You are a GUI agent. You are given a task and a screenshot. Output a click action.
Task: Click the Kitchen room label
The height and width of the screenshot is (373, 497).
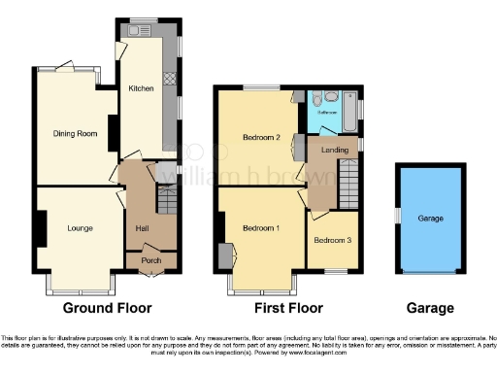142,88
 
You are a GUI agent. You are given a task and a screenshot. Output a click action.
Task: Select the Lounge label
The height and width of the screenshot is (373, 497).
80,229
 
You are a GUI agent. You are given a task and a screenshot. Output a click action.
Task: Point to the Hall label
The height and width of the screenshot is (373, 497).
142,229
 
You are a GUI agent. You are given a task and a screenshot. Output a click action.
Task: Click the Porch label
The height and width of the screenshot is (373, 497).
150,259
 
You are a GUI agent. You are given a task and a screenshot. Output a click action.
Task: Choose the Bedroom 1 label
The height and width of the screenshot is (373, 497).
261,228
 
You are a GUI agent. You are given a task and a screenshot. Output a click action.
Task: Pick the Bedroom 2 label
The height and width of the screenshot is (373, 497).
261,138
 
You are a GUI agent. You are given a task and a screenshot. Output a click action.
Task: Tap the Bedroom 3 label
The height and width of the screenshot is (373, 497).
331,239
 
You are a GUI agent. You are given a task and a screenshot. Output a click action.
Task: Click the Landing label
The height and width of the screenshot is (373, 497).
335,150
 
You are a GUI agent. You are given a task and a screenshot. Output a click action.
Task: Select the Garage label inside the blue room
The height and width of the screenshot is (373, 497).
430,220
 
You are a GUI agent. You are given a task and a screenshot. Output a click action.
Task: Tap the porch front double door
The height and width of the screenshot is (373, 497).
150,274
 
